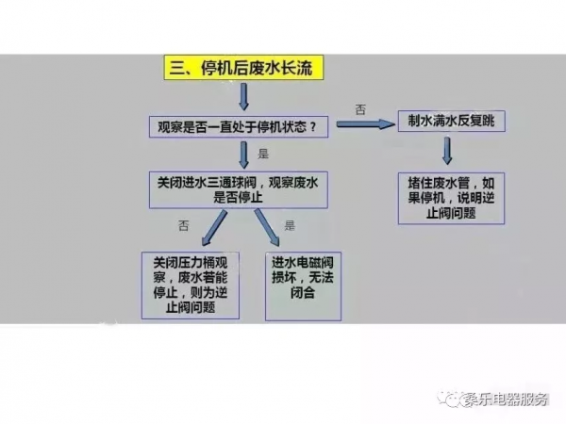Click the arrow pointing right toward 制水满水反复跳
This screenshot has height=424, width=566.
pos(360,124)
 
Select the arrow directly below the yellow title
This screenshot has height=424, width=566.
pos(243,97)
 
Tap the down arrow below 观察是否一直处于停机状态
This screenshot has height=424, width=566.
pos(243,154)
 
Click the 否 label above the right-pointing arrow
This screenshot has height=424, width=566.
pos(359,109)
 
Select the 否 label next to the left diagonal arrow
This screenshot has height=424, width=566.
pos(184,224)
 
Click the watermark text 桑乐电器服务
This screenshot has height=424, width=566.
pos(506,400)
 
